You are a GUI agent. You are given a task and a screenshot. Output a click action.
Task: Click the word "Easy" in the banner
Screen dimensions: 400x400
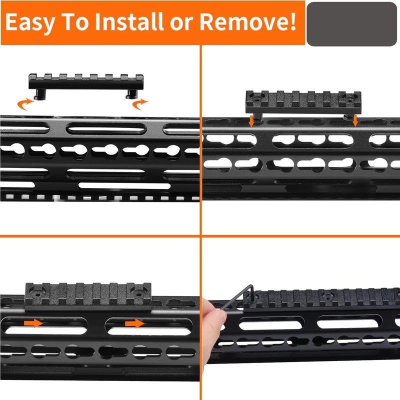pyautogui.click(x=29, y=22)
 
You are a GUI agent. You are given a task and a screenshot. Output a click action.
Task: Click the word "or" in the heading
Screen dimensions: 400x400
pyautogui.click(x=181, y=23)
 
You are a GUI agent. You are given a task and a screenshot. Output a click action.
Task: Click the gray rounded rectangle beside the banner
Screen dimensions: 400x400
pyautogui.click(x=351, y=24)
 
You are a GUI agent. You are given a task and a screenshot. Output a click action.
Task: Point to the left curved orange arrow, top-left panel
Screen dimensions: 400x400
pyautogui.click(x=24, y=104)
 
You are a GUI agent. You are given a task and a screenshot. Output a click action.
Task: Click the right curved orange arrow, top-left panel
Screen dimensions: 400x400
pyautogui.click(x=139, y=104)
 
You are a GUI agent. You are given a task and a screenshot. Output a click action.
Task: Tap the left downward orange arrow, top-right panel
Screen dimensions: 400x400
pyautogui.click(x=251, y=121)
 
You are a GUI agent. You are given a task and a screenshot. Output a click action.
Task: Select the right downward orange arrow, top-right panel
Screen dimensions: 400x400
pyautogui.click(x=355, y=120)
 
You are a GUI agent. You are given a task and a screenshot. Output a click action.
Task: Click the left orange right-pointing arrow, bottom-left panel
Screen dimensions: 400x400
pyautogui.click(x=33, y=323)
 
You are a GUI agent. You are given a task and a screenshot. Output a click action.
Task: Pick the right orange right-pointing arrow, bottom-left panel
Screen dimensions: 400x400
pyautogui.click(x=134, y=323)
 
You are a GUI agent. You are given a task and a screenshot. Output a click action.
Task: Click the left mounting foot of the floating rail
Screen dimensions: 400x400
pyautogui.click(x=40, y=94)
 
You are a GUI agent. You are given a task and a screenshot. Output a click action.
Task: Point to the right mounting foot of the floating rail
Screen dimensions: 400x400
pyautogui.click(x=131, y=94)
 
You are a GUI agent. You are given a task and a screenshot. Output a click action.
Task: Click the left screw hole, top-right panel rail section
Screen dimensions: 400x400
pyautogui.click(x=256, y=98)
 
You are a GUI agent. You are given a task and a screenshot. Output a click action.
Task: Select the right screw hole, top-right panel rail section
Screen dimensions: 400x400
pyautogui.click(x=349, y=98)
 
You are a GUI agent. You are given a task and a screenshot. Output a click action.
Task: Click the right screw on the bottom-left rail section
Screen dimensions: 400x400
pyautogui.click(x=139, y=294)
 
